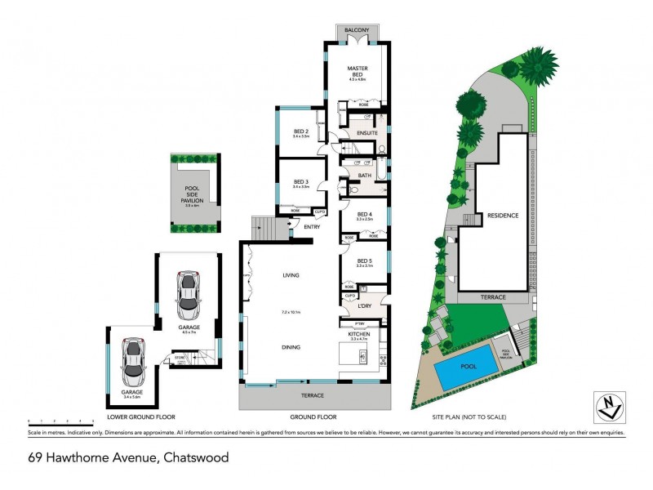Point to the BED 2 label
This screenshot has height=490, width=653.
pos(300,131)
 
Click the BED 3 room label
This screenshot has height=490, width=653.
pos(300,182)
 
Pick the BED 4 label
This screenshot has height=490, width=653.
pos(364,215)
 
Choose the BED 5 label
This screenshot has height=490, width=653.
pos(364,261)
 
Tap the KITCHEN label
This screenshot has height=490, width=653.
pos(360,335)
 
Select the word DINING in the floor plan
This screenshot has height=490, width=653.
pos(291,347)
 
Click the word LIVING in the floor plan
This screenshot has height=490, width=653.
pos(291,275)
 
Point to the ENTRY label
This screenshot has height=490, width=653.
pos(312,227)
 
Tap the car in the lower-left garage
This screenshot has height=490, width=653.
pos(132,361)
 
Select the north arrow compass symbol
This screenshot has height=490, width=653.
pos(608,406)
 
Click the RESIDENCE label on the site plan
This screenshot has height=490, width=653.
pos(503,216)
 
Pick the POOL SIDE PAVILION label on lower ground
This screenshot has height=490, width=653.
pos(193,196)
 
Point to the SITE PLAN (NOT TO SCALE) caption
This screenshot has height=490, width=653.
pos(469,417)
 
